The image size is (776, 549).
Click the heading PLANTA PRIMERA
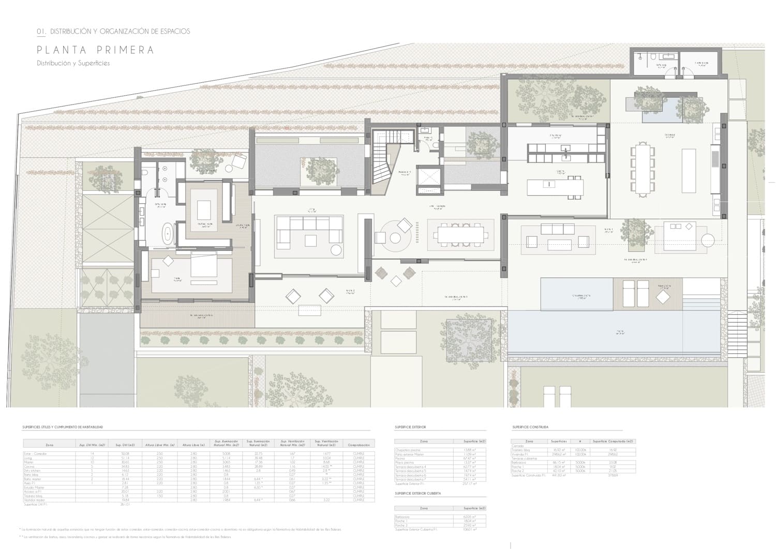tap(95, 50)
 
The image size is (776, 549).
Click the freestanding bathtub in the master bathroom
tap(168, 234)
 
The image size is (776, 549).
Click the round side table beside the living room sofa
tap(336, 250)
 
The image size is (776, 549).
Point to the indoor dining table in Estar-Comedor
tap(460, 235)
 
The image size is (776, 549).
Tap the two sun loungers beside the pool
tap(635, 293)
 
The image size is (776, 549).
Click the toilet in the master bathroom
tap(145, 173)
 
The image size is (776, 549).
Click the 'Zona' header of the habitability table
tap(49, 444)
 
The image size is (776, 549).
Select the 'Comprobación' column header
tap(359, 444)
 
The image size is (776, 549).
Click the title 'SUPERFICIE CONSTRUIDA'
tap(530, 427)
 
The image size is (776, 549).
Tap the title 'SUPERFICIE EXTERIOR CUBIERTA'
tap(417, 494)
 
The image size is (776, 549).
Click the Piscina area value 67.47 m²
tap(470, 458)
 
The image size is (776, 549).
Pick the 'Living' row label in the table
tap(29, 458)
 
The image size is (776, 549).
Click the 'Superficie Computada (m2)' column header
tap(613, 441)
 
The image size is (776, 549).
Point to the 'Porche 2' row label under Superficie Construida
tap(518, 470)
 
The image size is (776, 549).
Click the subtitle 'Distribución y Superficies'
tap(73, 64)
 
